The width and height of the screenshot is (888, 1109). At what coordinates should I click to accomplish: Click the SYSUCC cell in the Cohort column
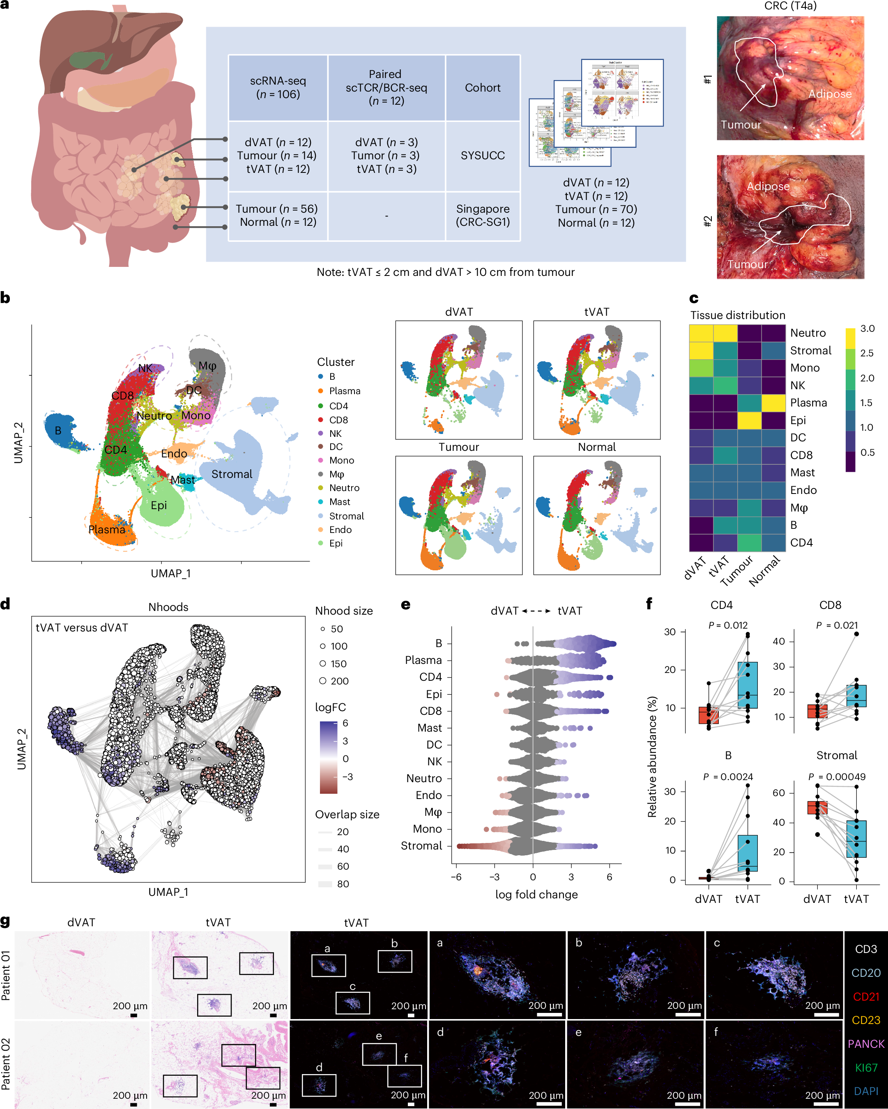pos(482,155)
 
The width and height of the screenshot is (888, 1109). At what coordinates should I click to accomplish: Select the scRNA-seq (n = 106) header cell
pos(278,87)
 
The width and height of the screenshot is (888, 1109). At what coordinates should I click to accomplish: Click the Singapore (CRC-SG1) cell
pos(482,216)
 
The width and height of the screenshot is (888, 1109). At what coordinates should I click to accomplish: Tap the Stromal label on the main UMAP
pos(232,474)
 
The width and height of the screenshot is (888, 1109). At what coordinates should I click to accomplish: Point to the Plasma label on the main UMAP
pos(106,529)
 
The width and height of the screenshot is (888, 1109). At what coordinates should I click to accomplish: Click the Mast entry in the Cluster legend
pos(340,501)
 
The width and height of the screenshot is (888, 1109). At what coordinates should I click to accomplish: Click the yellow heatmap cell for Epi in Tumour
pos(749,420)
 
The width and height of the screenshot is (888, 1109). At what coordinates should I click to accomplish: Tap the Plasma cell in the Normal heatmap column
pos(773,403)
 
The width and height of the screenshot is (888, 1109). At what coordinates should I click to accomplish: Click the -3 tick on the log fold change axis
pos(494,877)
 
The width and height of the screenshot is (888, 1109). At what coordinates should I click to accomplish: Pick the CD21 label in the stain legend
pos(866,996)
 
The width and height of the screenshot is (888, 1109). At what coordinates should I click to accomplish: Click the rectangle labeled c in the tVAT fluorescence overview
pos(352,1003)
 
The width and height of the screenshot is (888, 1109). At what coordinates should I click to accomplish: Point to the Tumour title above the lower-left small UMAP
pos(458,447)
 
